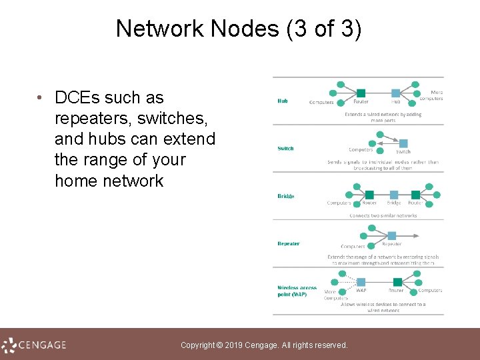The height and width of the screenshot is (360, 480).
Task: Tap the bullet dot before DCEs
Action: pyautogui.click(x=41, y=98)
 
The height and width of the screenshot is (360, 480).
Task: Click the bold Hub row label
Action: pyautogui.click(x=283, y=101)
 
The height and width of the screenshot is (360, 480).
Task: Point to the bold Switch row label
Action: pyautogui.click(x=285, y=148)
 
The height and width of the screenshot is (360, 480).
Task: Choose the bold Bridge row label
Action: pyautogui.click(x=286, y=196)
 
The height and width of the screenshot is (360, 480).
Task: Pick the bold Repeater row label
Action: pyautogui.click(x=289, y=243)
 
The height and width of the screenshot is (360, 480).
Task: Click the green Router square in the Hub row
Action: pyautogui.click(x=361, y=93)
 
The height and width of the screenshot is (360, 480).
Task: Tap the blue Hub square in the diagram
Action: pyautogui.click(x=395, y=93)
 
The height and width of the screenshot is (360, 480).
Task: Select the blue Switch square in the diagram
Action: pyautogui.click(x=403, y=143)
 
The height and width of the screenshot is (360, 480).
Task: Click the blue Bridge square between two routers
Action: pyautogui.click(x=394, y=195)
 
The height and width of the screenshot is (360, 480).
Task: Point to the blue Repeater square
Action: pyautogui.click(x=391, y=235)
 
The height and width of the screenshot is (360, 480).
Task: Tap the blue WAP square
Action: pyautogui.click(x=361, y=281)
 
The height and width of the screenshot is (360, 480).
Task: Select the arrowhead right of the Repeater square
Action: pyautogui.click(x=417, y=235)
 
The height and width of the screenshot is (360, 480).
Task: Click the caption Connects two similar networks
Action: pyautogui.click(x=383, y=215)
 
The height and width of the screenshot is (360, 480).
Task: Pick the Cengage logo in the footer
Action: pyautogui.click(x=34, y=345)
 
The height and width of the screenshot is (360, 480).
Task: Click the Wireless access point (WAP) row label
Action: pyautogui.click(x=297, y=291)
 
